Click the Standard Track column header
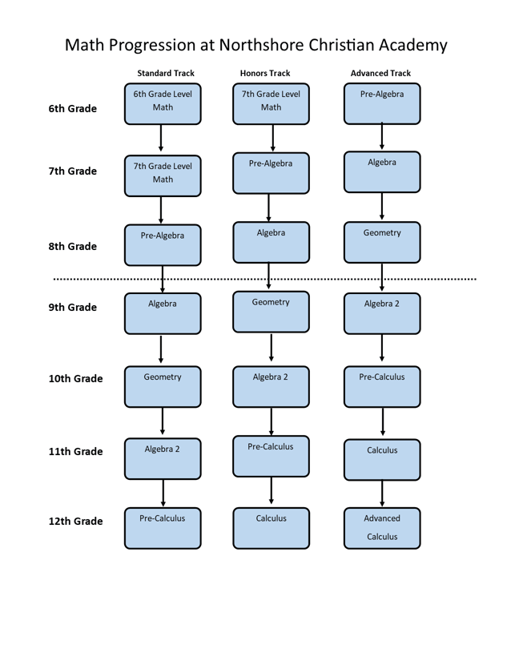tap(165, 73)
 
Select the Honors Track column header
tap(264, 73)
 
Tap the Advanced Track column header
tap(380, 73)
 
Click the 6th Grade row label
tap(72, 109)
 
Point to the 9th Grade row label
tap(72, 308)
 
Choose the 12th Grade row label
tap(75, 522)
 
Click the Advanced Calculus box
tap(382, 528)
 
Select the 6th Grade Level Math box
tap(163, 104)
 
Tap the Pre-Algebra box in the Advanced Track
tap(382, 104)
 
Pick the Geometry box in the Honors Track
tap(271, 312)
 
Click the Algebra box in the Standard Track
tap(163, 313)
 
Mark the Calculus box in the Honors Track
tap(271, 528)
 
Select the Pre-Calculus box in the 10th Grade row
tap(382, 387)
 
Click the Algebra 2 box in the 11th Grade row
tap(163, 459)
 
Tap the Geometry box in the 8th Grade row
tap(382, 243)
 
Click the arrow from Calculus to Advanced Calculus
tap(382, 494)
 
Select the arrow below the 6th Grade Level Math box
tap(161, 138)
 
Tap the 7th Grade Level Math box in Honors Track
tap(271, 104)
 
